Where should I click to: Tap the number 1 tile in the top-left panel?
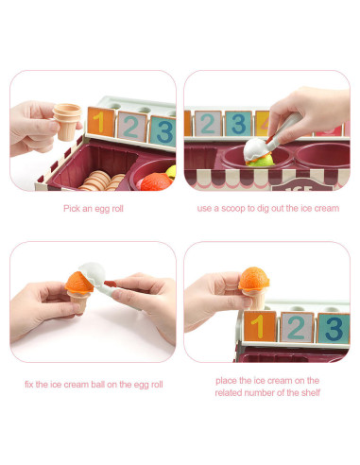tap(97, 122)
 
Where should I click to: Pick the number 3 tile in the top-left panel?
tap(163, 130)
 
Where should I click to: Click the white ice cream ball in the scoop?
tap(255, 148)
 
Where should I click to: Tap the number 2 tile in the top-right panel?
tap(207, 124)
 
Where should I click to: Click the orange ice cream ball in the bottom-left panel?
tap(77, 280)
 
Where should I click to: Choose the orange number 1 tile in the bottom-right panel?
tap(258, 326)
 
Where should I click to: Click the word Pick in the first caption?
tap(72, 208)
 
